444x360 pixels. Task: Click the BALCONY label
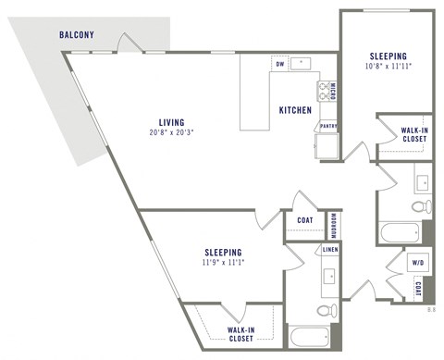[77, 35]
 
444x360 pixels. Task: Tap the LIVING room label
[171, 122]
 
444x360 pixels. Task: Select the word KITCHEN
[295, 111]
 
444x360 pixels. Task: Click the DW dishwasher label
[279, 65]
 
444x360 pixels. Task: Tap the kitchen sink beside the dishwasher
[302, 64]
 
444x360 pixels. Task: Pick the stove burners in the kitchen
[325, 90]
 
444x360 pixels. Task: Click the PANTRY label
[327, 125]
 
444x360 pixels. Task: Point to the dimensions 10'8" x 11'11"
[388, 66]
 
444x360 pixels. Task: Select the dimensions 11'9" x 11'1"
[224, 262]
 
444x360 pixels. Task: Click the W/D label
[418, 263]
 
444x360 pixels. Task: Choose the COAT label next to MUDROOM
[304, 220]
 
